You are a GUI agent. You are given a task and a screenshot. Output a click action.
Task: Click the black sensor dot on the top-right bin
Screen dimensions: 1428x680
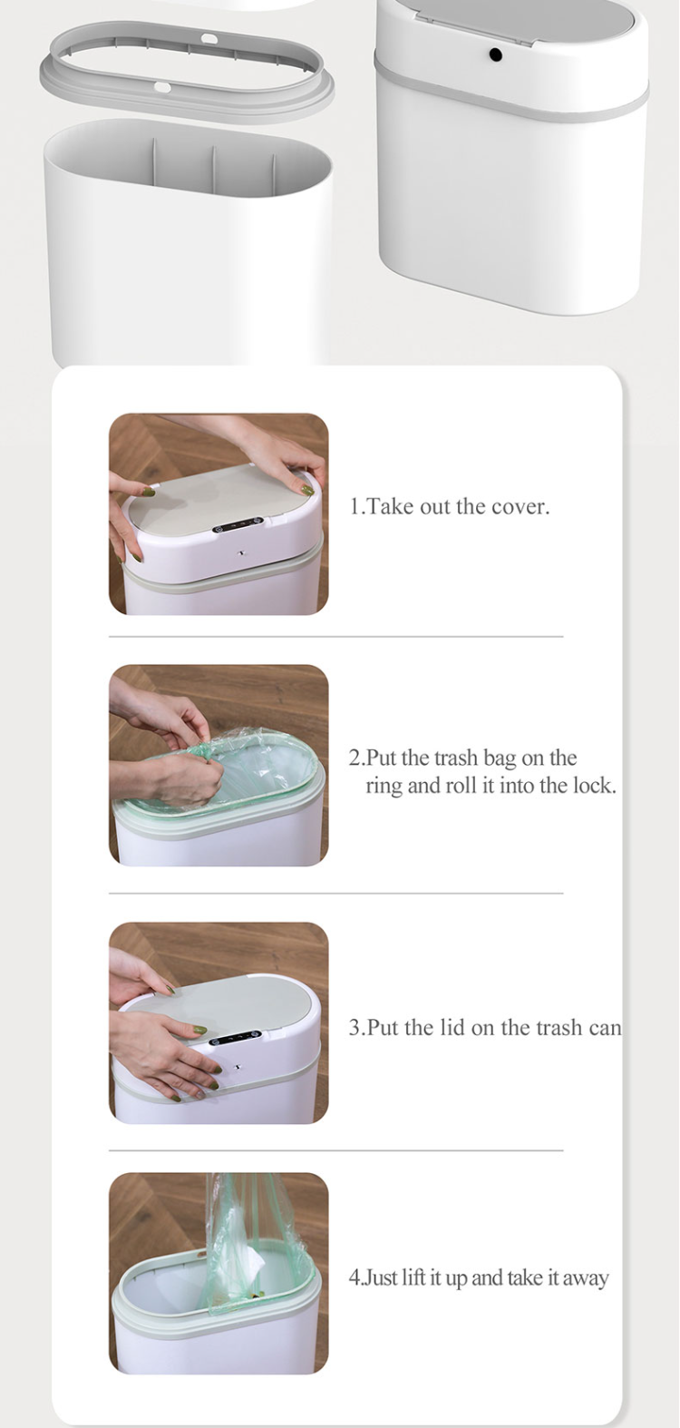[495, 55]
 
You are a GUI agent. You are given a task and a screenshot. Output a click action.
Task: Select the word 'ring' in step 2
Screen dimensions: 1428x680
[384, 786]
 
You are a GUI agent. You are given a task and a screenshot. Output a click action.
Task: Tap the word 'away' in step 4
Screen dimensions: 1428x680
[586, 1278]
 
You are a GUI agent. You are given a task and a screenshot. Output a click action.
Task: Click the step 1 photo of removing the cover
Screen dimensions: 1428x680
[219, 514]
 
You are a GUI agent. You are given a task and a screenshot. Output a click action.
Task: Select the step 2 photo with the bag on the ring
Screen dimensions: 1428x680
[219, 765]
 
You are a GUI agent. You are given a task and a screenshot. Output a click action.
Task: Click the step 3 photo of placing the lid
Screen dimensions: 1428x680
[219, 1022]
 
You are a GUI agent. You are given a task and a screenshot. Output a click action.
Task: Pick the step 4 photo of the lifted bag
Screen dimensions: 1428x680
[219, 1273]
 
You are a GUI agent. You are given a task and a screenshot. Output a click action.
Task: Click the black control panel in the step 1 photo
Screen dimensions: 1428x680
[238, 526]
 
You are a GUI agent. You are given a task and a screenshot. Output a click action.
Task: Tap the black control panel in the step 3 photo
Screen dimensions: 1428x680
[235, 1036]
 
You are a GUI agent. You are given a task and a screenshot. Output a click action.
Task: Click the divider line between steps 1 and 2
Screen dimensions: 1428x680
[335, 637]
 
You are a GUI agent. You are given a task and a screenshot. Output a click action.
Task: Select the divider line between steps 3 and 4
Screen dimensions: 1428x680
[335, 1150]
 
